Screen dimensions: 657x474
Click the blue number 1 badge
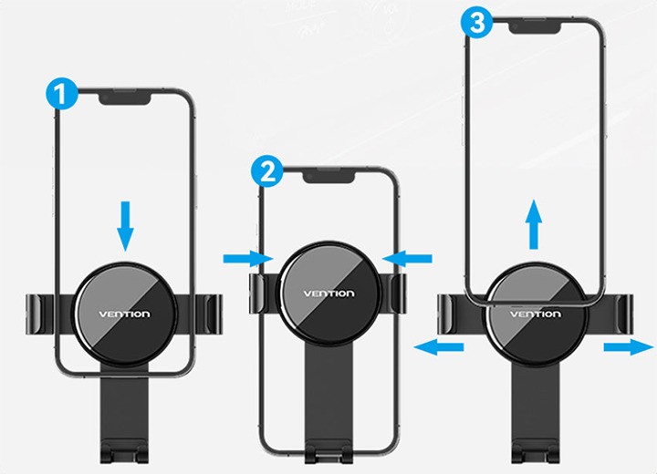click(62, 94)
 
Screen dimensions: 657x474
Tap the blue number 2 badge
click(267, 171)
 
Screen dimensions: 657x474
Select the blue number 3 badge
click(476, 23)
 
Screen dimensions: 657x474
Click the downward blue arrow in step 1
click(125, 226)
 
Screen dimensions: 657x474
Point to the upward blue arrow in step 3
click(534, 224)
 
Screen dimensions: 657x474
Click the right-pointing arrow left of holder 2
click(248, 259)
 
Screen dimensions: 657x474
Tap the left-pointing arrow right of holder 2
click(407, 259)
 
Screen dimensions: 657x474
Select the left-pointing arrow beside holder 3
click(439, 347)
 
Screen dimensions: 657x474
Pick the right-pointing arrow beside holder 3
click(629, 347)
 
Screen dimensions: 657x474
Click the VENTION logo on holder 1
click(124, 314)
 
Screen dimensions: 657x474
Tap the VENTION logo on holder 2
click(328, 294)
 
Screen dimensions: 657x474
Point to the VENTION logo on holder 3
click(535, 314)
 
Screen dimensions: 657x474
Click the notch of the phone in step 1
click(125, 98)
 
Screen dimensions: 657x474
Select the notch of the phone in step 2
click(328, 177)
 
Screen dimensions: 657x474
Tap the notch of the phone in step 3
click(535, 27)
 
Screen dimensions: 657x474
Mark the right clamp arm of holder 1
click(208, 314)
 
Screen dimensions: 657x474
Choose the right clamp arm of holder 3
click(620, 314)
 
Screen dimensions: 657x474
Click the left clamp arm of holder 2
click(256, 294)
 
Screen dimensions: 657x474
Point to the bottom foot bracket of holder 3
click(535, 451)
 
